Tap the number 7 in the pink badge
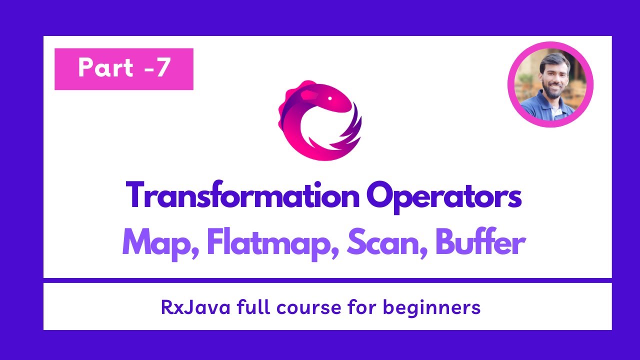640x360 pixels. (x=161, y=68)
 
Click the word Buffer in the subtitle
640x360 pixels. (x=480, y=243)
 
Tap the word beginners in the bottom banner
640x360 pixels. (x=432, y=307)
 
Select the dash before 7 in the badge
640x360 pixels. (x=147, y=69)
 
